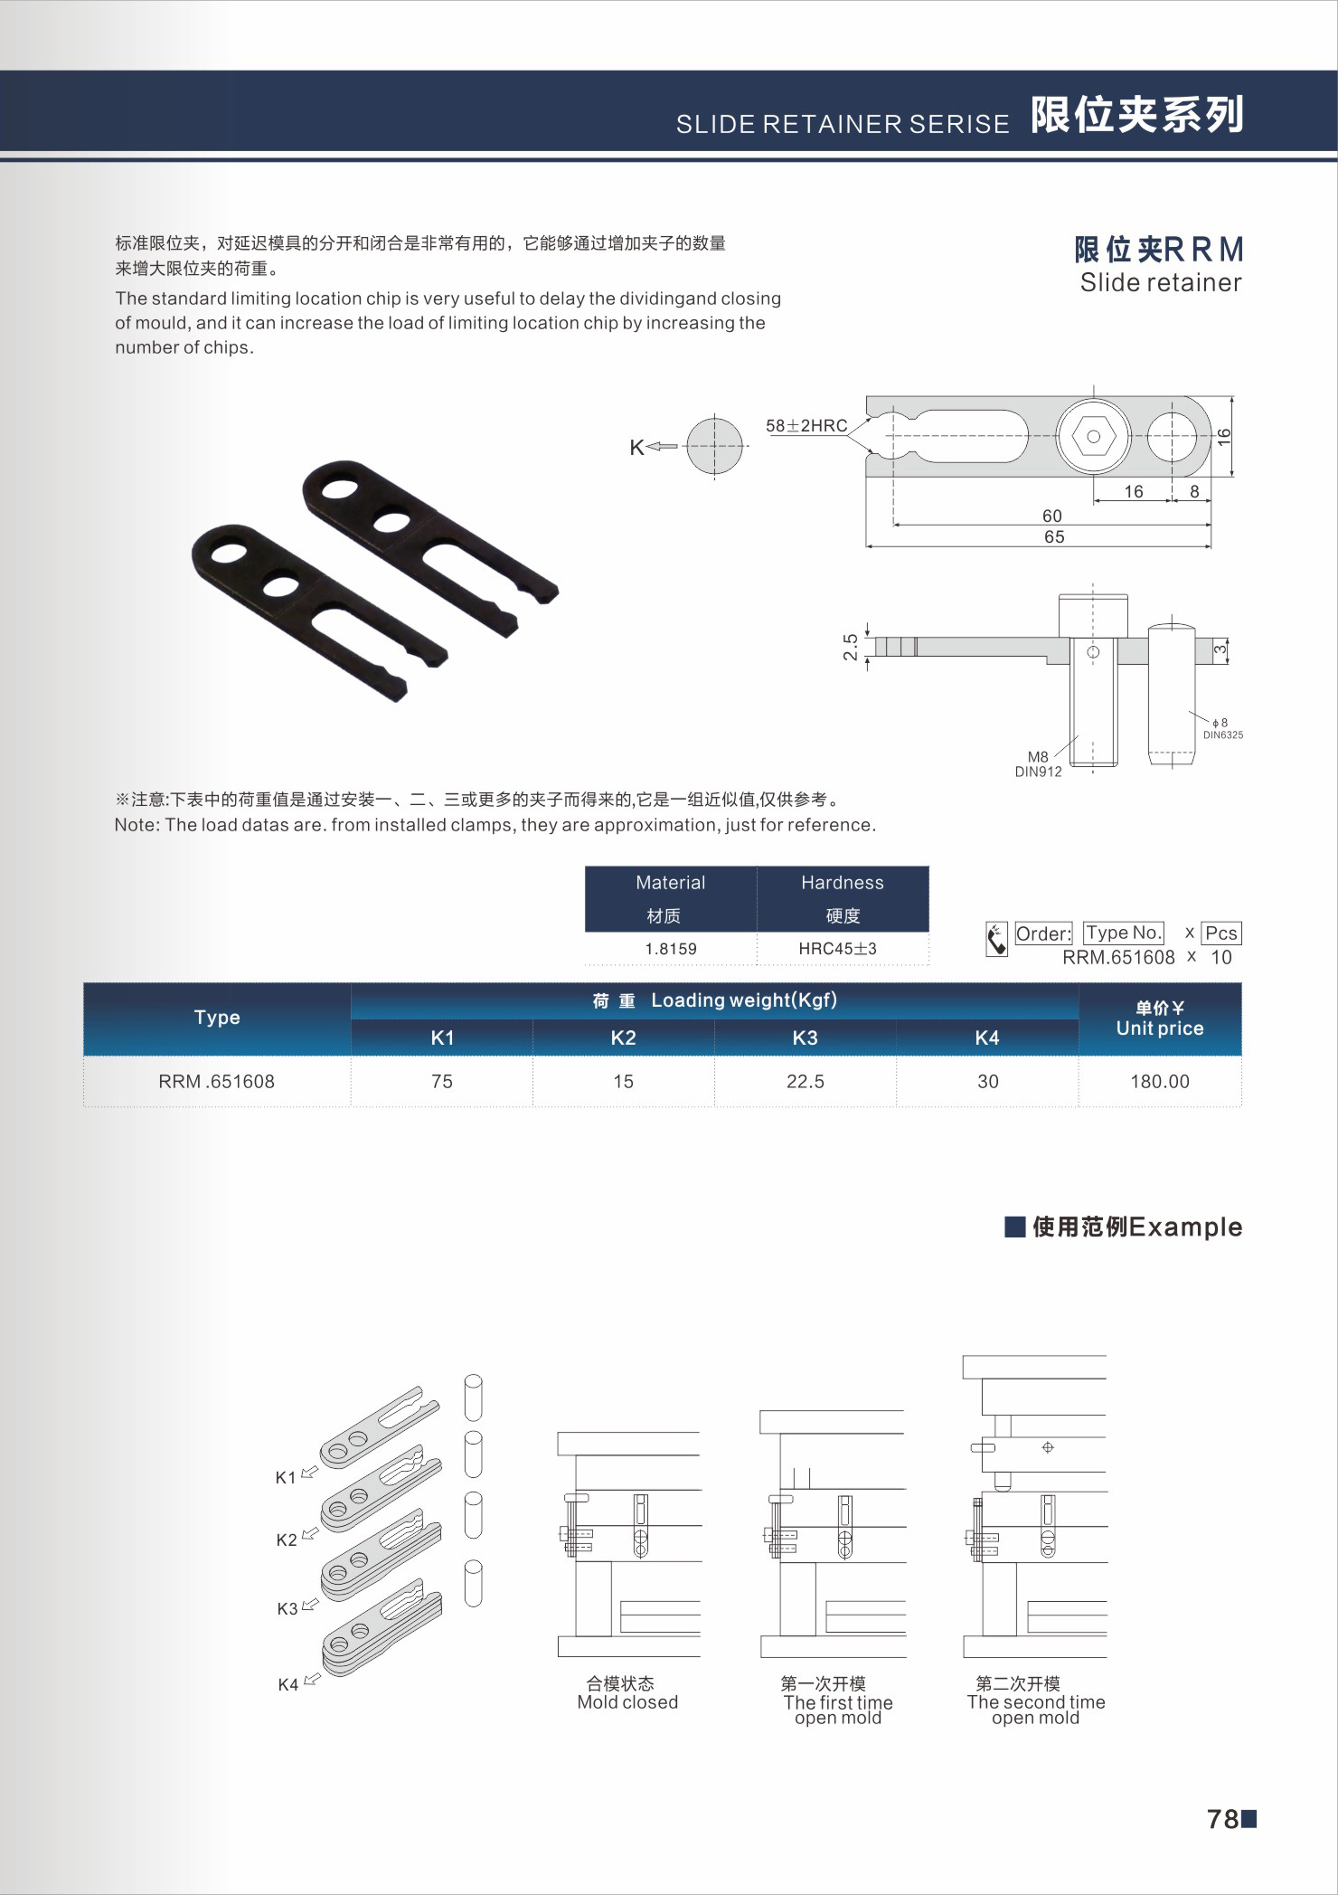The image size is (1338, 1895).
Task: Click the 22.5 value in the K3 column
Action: [x=805, y=1081]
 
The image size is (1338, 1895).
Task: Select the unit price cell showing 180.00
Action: [x=1159, y=1081]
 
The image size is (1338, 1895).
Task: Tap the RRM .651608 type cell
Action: [x=216, y=1081]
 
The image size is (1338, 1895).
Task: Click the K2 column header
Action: [x=623, y=1038]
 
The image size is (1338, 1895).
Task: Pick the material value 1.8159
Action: [x=671, y=949]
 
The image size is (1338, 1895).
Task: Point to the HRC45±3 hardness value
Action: [x=837, y=949]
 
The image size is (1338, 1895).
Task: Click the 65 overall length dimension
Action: [x=1054, y=536]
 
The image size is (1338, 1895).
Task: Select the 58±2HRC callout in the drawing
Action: [x=806, y=425]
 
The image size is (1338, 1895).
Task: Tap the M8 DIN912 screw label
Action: [x=1038, y=764]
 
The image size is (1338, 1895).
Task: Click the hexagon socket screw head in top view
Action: [x=1093, y=436]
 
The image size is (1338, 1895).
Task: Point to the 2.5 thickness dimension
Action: [x=851, y=647]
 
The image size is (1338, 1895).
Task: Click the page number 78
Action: [x=1223, y=1819]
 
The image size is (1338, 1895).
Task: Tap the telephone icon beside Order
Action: [x=996, y=939]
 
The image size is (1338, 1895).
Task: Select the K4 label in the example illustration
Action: [x=287, y=1684]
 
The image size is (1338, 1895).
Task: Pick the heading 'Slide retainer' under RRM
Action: [x=1161, y=283]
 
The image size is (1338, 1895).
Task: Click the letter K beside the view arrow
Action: [x=636, y=447]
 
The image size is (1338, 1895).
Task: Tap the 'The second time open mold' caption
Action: [x=1036, y=1710]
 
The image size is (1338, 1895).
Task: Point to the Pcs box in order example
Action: [x=1220, y=933]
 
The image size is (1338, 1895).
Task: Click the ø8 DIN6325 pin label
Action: [x=1222, y=729]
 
